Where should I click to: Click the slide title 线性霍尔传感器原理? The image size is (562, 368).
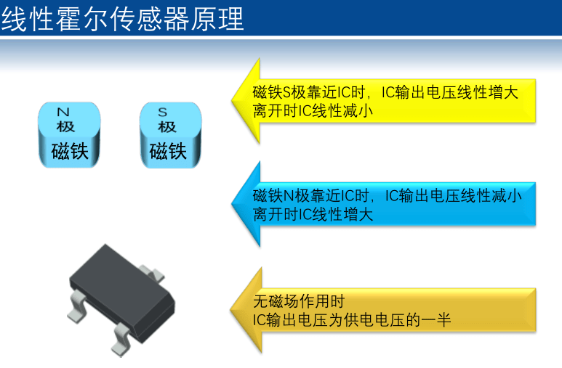click(x=122, y=19)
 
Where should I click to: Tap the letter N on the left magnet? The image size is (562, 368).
click(x=63, y=112)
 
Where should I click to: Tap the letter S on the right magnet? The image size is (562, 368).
click(x=163, y=112)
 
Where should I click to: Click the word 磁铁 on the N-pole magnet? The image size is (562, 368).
click(x=70, y=151)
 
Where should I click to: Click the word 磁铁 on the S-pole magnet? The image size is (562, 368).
click(x=168, y=151)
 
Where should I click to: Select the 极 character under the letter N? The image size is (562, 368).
click(x=65, y=126)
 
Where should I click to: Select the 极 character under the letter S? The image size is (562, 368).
click(x=167, y=127)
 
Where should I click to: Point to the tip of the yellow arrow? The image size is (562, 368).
click(x=232, y=101)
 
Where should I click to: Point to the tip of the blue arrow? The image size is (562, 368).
click(x=232, y=204)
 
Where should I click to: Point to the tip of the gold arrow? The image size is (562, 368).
click(x=230, y=311)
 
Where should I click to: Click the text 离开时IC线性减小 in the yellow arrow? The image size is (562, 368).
click(x=313, y=111)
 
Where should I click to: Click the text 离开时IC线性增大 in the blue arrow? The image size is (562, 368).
click(x=313, y=214)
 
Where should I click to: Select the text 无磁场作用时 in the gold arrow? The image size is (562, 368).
click(x=299, y=301)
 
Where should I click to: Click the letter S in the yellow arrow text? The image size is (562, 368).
click(x=286, y=93)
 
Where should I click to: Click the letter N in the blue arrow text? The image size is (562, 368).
click(x=289, y=196)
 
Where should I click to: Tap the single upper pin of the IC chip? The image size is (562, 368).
click(x=153, y=273)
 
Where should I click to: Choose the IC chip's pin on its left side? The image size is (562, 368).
click(x=76, y=306)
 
